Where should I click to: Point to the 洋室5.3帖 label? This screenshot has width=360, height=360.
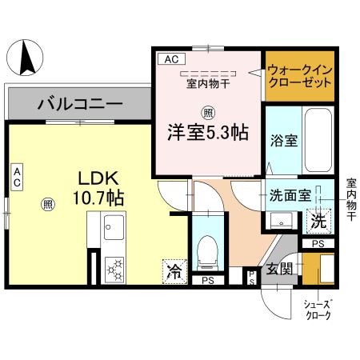coord(206,132)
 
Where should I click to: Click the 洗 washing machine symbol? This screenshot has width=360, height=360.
coord(318,218)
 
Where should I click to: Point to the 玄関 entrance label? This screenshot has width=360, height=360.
coord(278,267)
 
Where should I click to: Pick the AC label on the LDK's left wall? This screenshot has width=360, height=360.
coord(17,177)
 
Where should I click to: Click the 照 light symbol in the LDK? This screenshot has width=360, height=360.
coord(48,205)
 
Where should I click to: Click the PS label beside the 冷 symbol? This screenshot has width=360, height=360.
coord(208,280)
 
